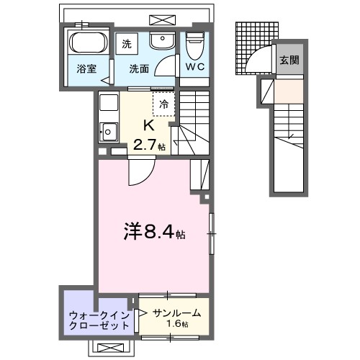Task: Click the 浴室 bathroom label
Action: (x=87, y=70)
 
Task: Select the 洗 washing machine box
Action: (x=127, y=42)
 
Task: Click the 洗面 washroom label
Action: (x=139, y=70)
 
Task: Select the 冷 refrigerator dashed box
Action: (x=163, y=104)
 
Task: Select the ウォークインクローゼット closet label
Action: (x=100, y=320)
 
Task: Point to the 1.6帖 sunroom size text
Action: (x=178, y=325)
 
